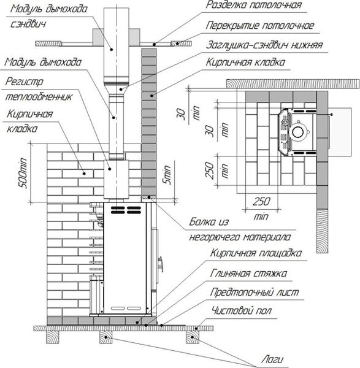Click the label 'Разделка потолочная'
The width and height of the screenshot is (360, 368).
click(254, 5)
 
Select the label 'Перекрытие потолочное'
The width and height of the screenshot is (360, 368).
click(260, 26)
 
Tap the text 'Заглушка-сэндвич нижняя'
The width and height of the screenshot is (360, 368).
click(264, 45)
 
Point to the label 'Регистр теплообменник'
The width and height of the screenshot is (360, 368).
click(39, 89)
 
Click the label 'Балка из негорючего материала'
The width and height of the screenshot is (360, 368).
click(240, 229)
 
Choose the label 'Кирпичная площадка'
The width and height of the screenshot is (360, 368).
click(256, 253)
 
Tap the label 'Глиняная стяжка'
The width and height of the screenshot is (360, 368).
click(248, 274)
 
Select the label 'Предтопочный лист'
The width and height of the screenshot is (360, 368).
click(255, 292)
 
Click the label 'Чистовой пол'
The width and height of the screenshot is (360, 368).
click(242, 311)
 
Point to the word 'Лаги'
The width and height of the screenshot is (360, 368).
click(272, 359)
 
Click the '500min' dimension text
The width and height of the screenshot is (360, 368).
click(23, 173)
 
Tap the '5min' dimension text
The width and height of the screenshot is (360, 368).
click(167, 175)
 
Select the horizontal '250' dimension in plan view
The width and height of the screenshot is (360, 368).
click(261, 201)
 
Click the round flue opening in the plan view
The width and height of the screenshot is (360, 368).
click(298, 132)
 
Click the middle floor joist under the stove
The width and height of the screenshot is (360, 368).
click(106, 337)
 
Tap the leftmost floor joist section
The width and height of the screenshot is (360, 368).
click(53, 337)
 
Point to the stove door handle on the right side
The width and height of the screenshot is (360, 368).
click(161, 264)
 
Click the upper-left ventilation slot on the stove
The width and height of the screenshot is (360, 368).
click(118, 208)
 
